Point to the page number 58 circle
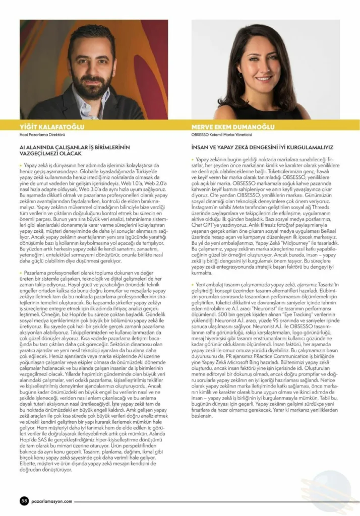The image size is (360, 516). [24, 500]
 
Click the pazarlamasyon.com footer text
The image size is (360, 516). [51, 501]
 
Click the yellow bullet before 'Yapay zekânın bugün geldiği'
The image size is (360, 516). [194, 160]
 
